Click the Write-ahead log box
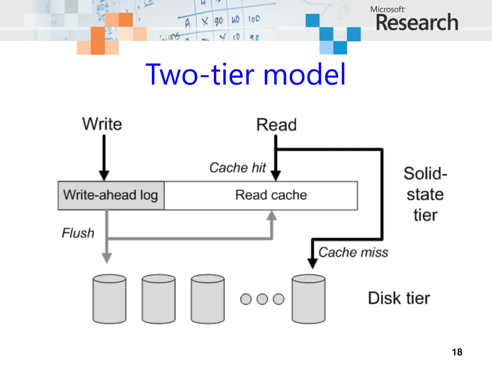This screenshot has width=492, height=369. (111, 196)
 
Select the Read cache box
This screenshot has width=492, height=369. (271, 196)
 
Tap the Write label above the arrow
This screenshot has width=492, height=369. (102, 123)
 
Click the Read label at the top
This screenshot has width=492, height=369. (276, 124)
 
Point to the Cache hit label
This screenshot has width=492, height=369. (237, 167)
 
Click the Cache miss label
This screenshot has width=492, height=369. (353, 252)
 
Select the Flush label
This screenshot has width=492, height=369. (78, 233)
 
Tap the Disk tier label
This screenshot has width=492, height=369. (399, 298)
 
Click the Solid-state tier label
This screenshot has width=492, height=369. (425, 194)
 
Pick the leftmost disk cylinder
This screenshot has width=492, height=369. (109, 299)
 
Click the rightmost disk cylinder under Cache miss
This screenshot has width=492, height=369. (308, 299)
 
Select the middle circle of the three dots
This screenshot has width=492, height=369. (262, 299)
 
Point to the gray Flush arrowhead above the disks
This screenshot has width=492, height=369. (107, 258)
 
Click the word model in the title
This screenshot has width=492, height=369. (304, 75)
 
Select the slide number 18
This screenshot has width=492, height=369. (457, 352)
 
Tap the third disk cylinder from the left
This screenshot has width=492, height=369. (208, 299)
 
